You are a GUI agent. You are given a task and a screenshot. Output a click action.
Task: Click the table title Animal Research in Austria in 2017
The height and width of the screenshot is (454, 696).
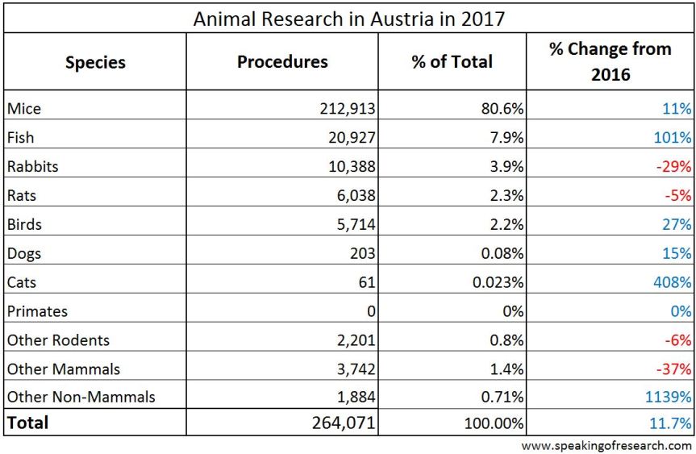pos(348,18)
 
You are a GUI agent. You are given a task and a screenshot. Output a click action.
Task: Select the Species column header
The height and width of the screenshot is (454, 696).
pos(95,62)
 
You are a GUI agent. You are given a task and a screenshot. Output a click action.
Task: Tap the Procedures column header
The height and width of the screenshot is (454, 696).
pos(282,62)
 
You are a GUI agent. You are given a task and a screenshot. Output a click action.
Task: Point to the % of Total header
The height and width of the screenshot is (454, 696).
pos(452,62)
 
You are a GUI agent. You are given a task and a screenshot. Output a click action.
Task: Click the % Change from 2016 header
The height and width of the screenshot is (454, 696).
pos(610,62)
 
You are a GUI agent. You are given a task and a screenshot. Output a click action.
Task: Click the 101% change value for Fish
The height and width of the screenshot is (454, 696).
pos(673,138)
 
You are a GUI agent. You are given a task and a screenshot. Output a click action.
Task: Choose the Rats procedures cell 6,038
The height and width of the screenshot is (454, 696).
pos(354,196)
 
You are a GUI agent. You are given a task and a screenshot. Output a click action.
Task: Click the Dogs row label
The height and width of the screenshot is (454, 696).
pos(23,253)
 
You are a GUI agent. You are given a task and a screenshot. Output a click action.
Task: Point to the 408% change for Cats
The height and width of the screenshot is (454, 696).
pos(669,282)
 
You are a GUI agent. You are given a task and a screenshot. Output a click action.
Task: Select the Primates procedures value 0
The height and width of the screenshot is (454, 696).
pos(370,311)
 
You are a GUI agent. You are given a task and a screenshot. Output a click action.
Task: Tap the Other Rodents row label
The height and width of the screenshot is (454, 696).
pos(58,340)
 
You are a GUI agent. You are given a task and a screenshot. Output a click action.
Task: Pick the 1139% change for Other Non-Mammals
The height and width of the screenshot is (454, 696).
pos(666,398)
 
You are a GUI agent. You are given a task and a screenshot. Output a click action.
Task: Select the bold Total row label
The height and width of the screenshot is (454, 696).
pos(28,423)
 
